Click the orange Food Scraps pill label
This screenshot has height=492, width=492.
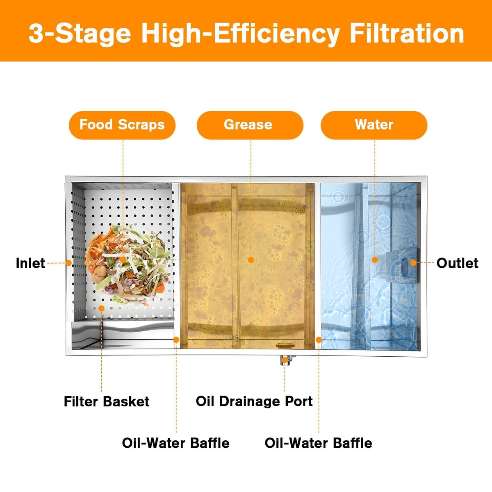tap(122, 125)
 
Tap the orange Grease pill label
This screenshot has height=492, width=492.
tap(250, 125)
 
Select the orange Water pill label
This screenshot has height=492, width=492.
tap(374, 125)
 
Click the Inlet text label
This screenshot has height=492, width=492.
tap(30, 263)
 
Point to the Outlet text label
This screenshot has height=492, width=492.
tap(457, 263)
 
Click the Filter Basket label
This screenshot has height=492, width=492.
tap(107, 401)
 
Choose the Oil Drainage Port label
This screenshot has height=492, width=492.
tap(254, 401)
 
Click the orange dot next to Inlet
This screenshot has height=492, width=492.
tap(68, 263)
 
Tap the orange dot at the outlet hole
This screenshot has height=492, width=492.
tap(413, 263)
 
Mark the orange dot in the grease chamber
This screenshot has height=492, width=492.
tap(251, 260)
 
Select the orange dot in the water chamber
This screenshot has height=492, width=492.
tap(375, 260)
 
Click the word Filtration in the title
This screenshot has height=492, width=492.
tap(407, 34)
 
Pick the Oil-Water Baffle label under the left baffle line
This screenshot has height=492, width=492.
tap(175, 443)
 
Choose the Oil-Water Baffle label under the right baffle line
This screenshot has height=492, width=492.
tap(319, 443)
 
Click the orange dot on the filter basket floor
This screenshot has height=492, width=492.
tap(101, 308)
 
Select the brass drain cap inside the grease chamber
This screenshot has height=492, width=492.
tap(285, 345)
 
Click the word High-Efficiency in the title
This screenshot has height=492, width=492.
tap(240, 34)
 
